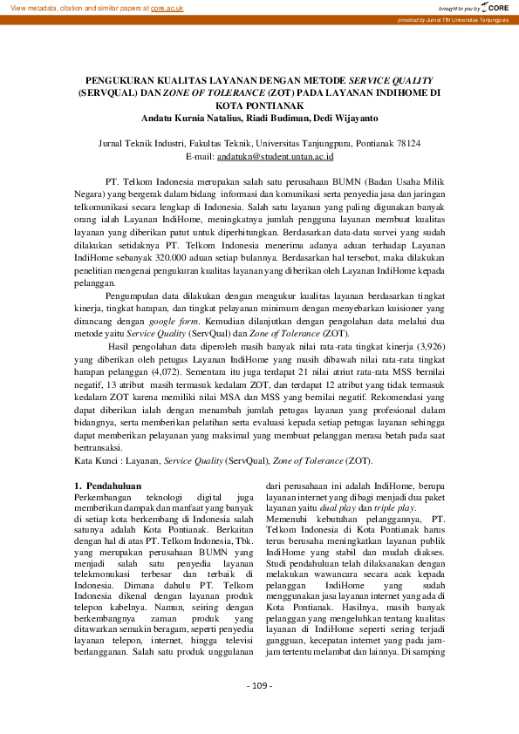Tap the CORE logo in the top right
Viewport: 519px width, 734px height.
(x=495, y=7)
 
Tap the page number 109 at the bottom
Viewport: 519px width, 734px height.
(x=259, y=710)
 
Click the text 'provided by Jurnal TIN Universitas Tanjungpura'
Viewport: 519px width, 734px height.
(x=454, y=19)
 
